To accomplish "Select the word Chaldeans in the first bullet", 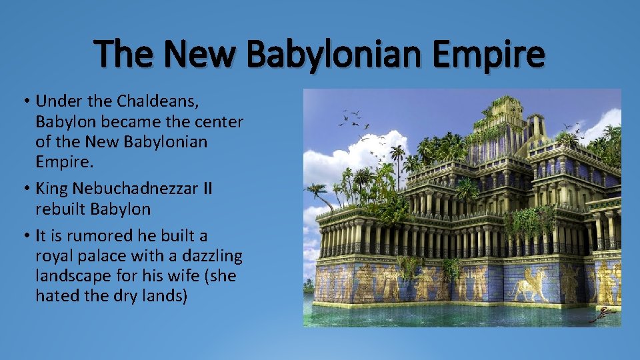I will click(x=158, y=101).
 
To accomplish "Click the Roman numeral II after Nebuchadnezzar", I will click(x=207, y=189).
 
